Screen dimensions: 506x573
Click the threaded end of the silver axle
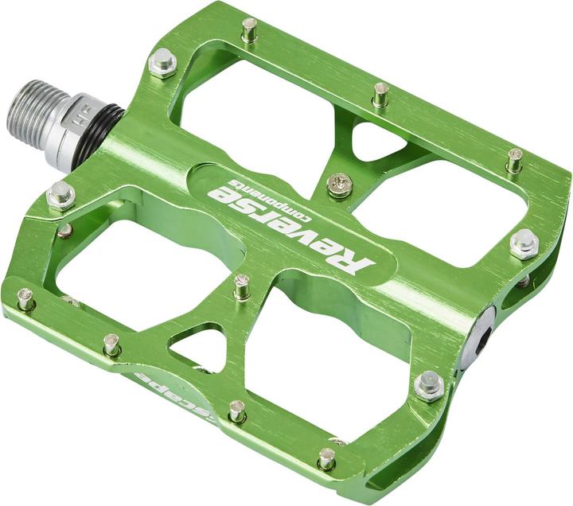(32, 107)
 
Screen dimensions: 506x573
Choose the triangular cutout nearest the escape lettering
(201, 344)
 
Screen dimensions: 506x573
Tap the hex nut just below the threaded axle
(60, 194)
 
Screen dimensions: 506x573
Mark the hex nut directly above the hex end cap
(524, 243)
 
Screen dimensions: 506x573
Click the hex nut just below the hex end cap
(429, 386)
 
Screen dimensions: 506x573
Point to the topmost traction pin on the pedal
(250, 29)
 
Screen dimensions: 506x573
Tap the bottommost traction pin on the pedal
(326, 457)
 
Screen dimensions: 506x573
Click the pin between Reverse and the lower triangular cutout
(241, 284)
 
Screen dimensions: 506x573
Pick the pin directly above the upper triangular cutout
(381, 93)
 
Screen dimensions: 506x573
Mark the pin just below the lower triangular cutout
(237, 411)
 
